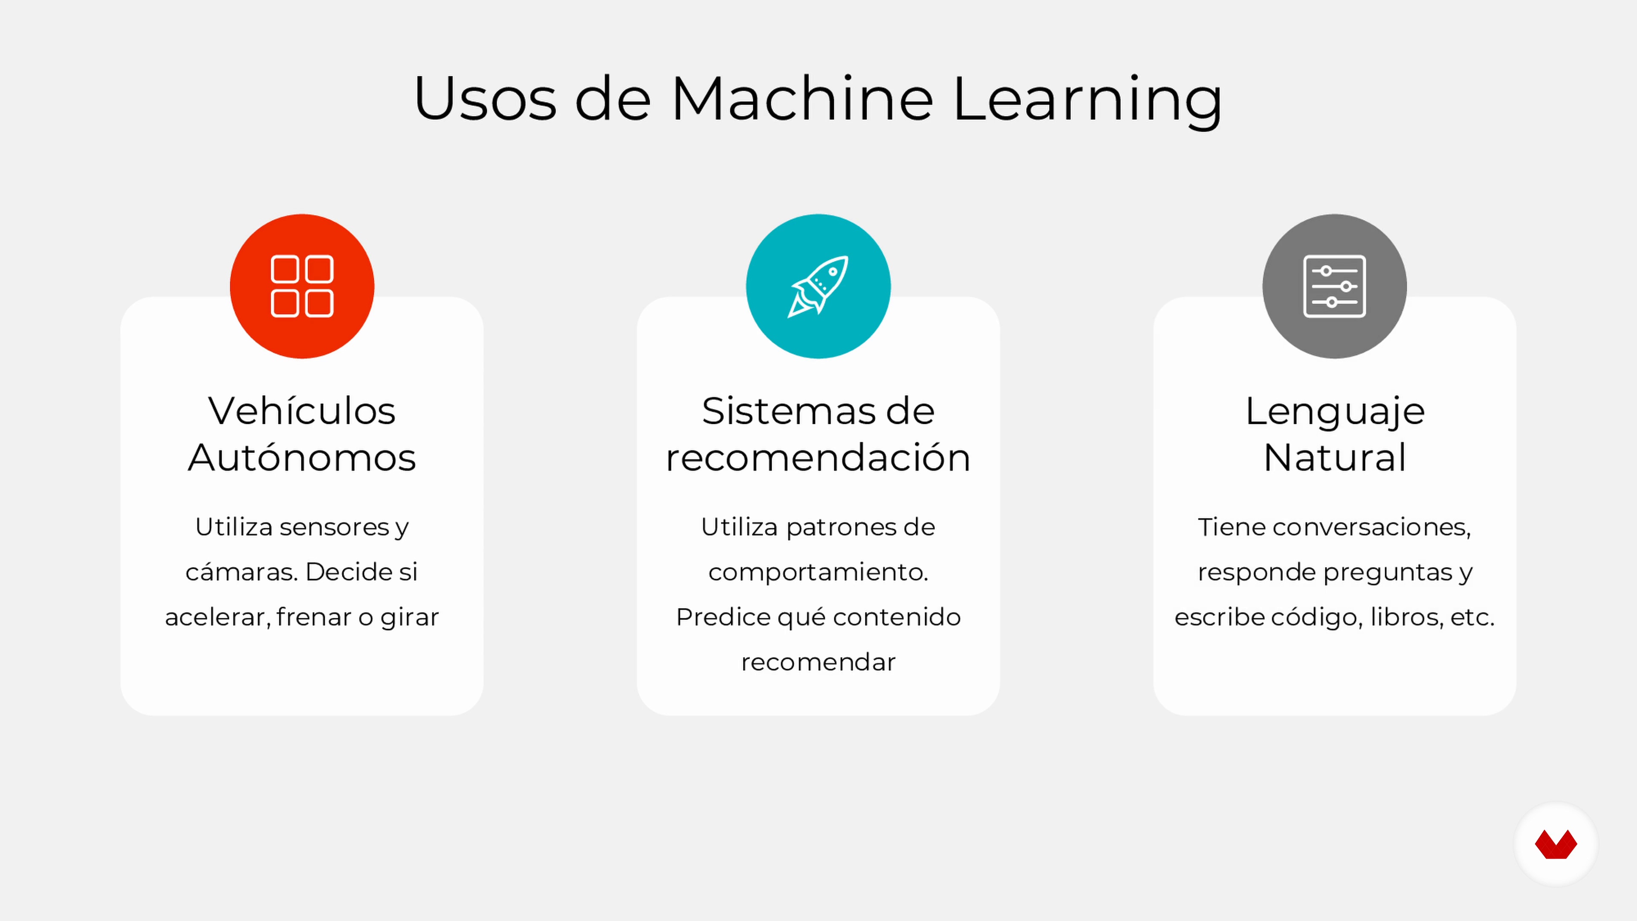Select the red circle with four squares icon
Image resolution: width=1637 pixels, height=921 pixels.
tap(302, 286)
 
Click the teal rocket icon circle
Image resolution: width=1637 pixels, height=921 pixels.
tap(818, 286)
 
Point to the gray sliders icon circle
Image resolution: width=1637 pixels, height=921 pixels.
tap(1334, 286)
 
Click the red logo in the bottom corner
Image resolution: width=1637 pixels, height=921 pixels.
tap(1556, 844)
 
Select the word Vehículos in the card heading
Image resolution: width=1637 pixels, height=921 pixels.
tap(302, 411)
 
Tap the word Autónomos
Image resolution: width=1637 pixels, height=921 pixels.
tap(302, 457)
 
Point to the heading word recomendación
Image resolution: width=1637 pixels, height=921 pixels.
tap(818, 457)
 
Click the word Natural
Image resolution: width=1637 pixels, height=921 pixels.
tap(1334, 457)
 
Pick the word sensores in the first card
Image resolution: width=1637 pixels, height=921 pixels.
tap(334, 527)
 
